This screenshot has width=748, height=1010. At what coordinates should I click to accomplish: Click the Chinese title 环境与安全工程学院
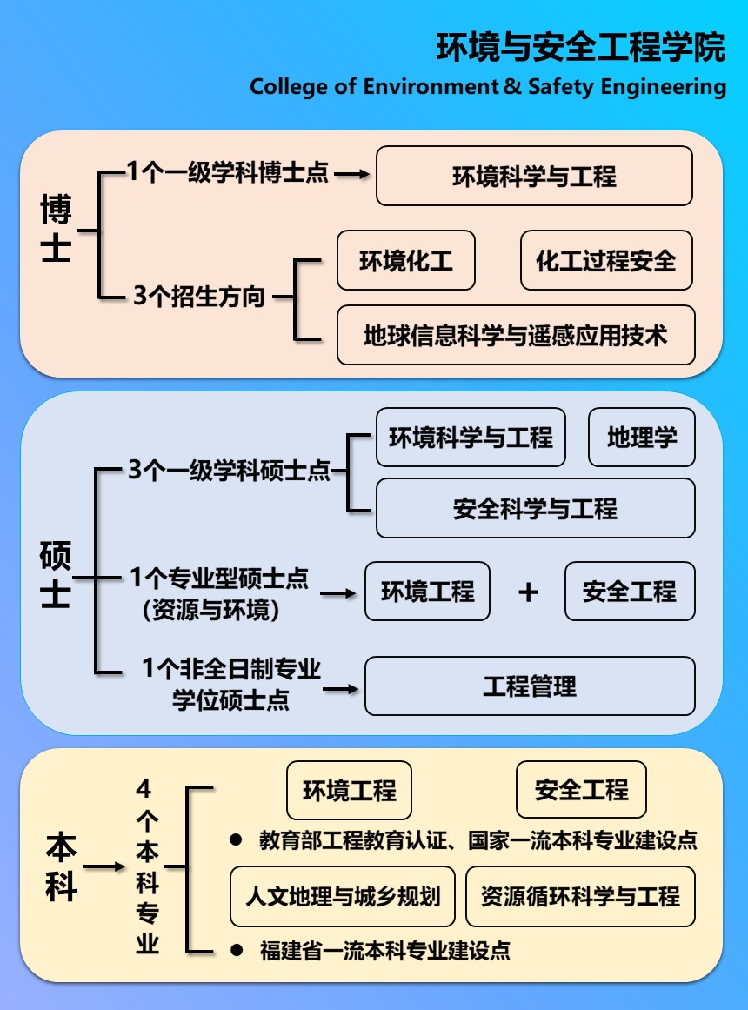pyautogui.click(x=580, y=47)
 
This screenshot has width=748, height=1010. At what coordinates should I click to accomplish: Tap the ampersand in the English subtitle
pyautogui.click(x=513, y=86)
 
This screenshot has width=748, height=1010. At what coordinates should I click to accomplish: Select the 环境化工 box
pyautogui.click(x=406, y=260)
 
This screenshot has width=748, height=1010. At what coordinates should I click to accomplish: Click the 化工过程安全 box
pyautogui.click(x=606, y=260)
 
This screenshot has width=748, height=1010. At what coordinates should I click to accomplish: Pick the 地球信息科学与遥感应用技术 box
pyautogui.click(x=516, y=335)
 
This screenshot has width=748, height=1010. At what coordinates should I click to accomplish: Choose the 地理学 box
pyautogui.click(x=642, y=438)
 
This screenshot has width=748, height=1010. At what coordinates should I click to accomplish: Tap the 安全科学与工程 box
pyautogui.click(x=536, y=508)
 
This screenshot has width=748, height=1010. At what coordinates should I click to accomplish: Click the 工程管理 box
pyautogui.click(x=530, y=686)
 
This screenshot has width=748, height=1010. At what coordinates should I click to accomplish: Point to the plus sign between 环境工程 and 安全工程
pyautogui.click(x=528, y=592)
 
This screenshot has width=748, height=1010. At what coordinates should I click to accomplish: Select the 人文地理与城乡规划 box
pyautogui.click(x=343, y=896)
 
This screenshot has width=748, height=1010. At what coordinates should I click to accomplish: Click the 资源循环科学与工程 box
pyautogui.click(x=580, y=896)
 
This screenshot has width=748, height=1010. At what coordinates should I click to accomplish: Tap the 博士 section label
pyautogui.click(x=56, y=227)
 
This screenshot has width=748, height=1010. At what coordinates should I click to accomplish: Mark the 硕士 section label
pyautogui.click(x=56, y=574)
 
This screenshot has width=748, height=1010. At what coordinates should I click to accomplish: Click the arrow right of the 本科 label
pyautogui.click(x=104, y=866)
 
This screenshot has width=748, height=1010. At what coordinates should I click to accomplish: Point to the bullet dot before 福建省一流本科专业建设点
pyautogui.click(x=237, y=949)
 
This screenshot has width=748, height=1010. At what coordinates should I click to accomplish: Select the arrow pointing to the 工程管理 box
pyautogui.click(x=341, y=689)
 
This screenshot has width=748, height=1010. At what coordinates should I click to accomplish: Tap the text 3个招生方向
pyautogui.click(x=199, y=297)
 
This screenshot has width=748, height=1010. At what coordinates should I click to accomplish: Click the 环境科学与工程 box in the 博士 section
pyautogui.click(x=534, y=176)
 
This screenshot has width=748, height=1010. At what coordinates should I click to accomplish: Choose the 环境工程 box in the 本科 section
pyautogui.click(x=349, y=790)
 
